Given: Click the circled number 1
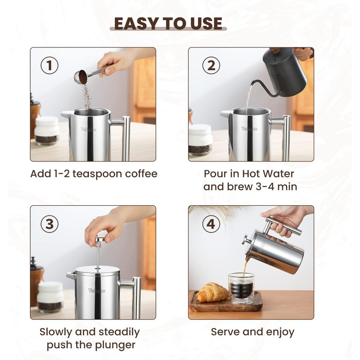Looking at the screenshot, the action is pyautogui.click(x=49, y=65).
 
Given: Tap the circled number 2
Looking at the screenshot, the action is pyautogui.click(x=211, y=65).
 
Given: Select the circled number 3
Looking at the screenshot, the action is pyautogui.click(x=49, y=224).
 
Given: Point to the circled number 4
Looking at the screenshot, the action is pyautogui.click(x=211, y=224).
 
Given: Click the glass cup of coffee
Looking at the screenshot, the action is pyautogui.click(x=241, y=287).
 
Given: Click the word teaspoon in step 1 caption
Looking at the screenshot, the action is pyautogui.click(x=97, y=174).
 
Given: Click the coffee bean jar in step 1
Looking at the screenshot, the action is pyautogui.click(x=47, y=131).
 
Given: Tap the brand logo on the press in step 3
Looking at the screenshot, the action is pyautogui.click(x=97, y=291).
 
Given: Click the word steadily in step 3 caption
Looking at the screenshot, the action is pyautogui.click(x=119, y=332).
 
